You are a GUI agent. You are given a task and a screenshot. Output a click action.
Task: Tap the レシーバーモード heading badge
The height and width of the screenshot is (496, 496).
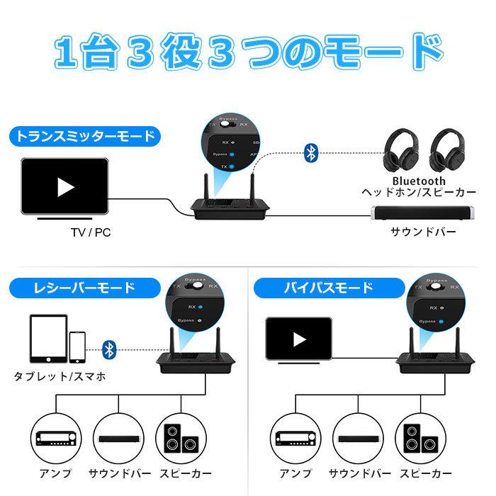point(74,288)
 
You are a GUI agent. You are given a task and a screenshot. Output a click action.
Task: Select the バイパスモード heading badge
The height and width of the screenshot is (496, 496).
point(314,288)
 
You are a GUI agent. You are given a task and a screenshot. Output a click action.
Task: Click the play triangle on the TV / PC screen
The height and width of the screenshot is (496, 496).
point(65,187)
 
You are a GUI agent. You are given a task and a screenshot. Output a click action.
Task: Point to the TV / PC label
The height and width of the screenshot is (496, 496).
point(91,232)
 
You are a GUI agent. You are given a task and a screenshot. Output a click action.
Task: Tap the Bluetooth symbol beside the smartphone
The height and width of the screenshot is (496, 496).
point(109,348)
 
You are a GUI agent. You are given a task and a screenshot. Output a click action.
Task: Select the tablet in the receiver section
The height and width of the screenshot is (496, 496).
point(48,341)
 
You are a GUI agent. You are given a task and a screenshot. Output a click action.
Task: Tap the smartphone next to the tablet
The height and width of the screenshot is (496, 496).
point(78,348)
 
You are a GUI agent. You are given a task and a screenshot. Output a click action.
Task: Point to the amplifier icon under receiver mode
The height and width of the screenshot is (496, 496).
point(54,440)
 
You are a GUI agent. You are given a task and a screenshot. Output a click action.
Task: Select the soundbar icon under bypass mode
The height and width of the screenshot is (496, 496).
point(359,440)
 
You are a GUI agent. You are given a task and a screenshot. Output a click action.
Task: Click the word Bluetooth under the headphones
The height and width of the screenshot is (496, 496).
point(419,181)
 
